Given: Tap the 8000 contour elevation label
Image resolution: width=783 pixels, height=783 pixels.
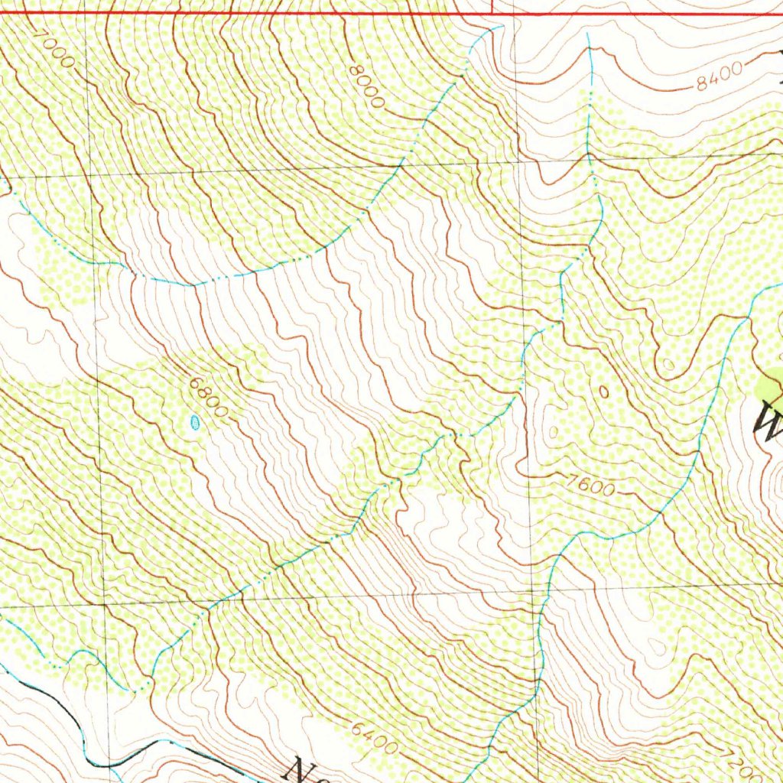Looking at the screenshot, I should (x=366, y=86).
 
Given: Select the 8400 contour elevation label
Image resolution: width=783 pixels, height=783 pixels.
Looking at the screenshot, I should (x=719, y=76).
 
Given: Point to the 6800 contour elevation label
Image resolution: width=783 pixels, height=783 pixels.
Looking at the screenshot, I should (x=209, y=401).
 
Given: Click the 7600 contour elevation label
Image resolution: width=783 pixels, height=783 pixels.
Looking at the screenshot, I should (x=590, y=484).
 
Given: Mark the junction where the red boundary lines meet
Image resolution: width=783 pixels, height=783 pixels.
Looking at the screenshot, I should (x=492, y=14).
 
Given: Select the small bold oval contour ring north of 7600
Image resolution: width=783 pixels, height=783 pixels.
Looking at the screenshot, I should (x=604, y=391).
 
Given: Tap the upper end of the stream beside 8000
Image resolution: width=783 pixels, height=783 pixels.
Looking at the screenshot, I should (x=501, y=27).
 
